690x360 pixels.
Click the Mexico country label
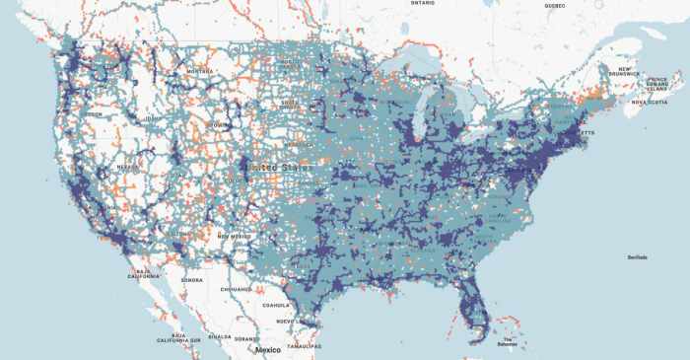[x=266, y=350]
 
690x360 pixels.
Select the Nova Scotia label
[x=650, y=101]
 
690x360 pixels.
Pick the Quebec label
[x=554, y=5]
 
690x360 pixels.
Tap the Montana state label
[x=200, y=71]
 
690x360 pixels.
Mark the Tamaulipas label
[x=305, y=346]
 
